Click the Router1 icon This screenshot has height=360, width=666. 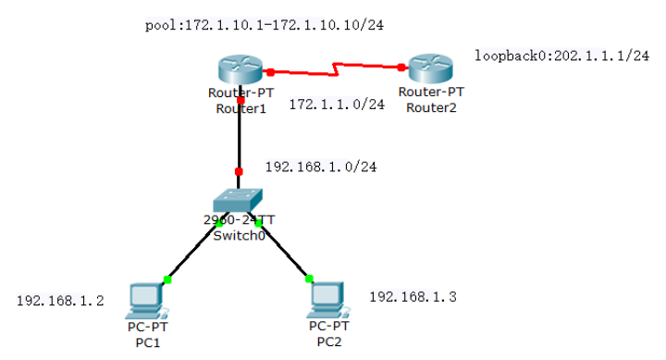pyautogui.click(x=240, y=70)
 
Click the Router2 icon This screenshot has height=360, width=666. pyautogui.click(x=430, y=69)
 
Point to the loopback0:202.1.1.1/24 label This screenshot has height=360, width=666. pyautogui.click(x=561, y=56)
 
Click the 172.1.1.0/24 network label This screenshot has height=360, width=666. pyautogui.click(x=336, y=105)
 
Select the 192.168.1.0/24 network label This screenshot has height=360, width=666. pyautogui.click(x=320, y=168)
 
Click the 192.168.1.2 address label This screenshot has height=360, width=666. pyautogui.click(x=60, y=301)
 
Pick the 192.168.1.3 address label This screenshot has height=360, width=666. pyautogui.click(x=413, y=297)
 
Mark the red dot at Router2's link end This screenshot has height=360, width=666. pyautogui.click(x=402, y=67)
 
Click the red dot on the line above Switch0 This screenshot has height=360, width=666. pyautogui.click(x=239, y=171)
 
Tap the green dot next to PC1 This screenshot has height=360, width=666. pyautogui.click(x=167, y=279)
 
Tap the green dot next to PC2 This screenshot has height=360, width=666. pyautogui.click(x=309, y=278)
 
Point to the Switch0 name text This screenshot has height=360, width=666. pyautogui.click(x=240, y=236)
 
